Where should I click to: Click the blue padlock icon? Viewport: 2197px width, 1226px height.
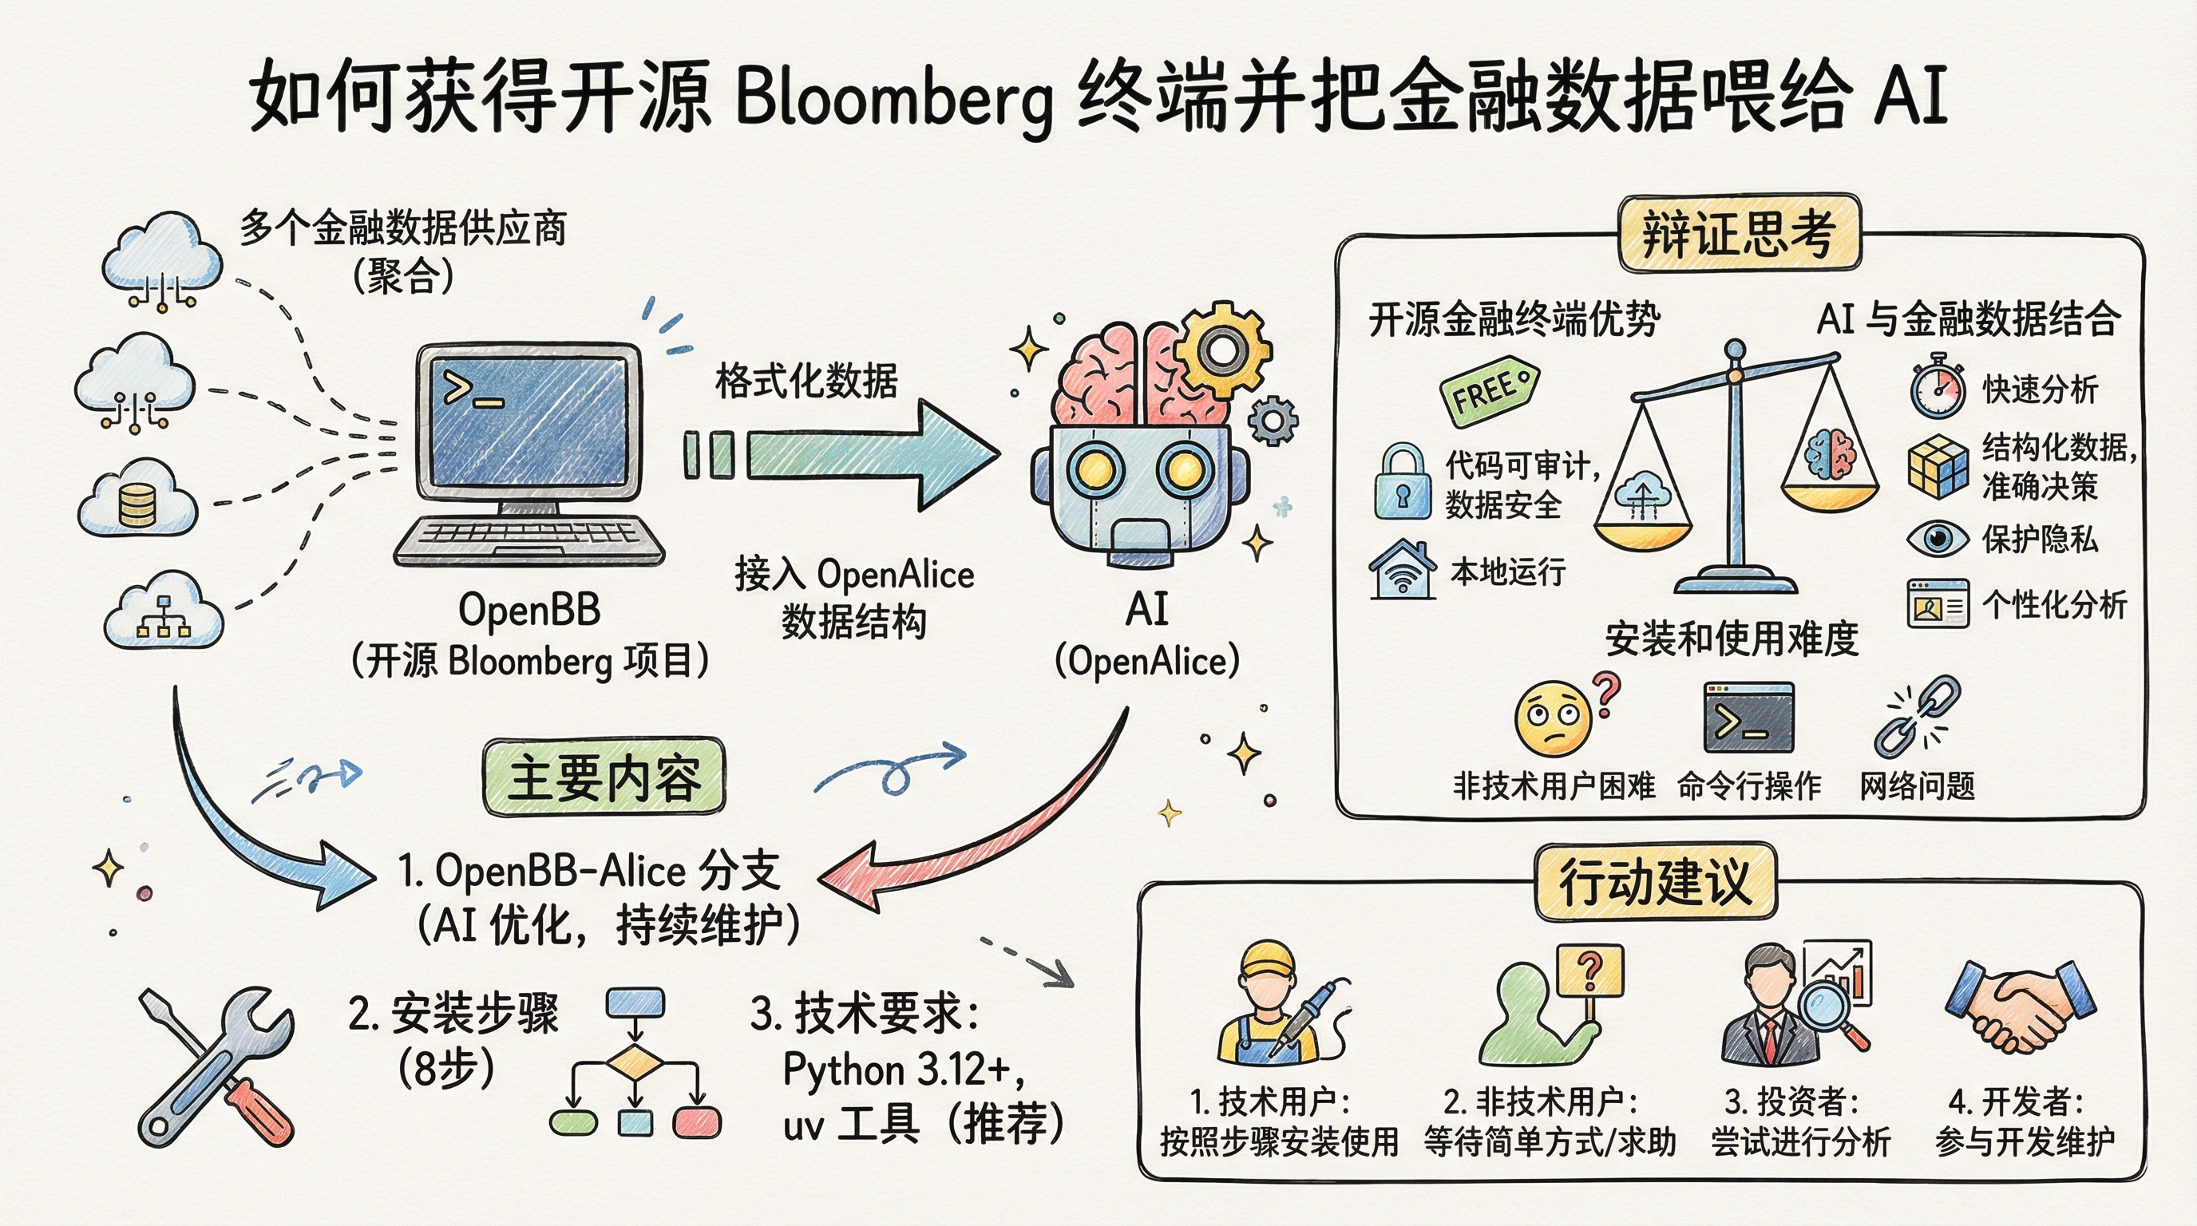pos(1401,483)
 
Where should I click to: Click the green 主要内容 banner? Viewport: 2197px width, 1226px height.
pos(604,777)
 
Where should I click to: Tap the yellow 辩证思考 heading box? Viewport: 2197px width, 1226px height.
pos(1738,234)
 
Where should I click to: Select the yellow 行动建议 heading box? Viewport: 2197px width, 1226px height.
pos(1655,883)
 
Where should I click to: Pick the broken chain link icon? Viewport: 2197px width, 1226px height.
pos(1915,716)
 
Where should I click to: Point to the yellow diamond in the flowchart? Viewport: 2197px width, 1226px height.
pos(635,1064)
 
